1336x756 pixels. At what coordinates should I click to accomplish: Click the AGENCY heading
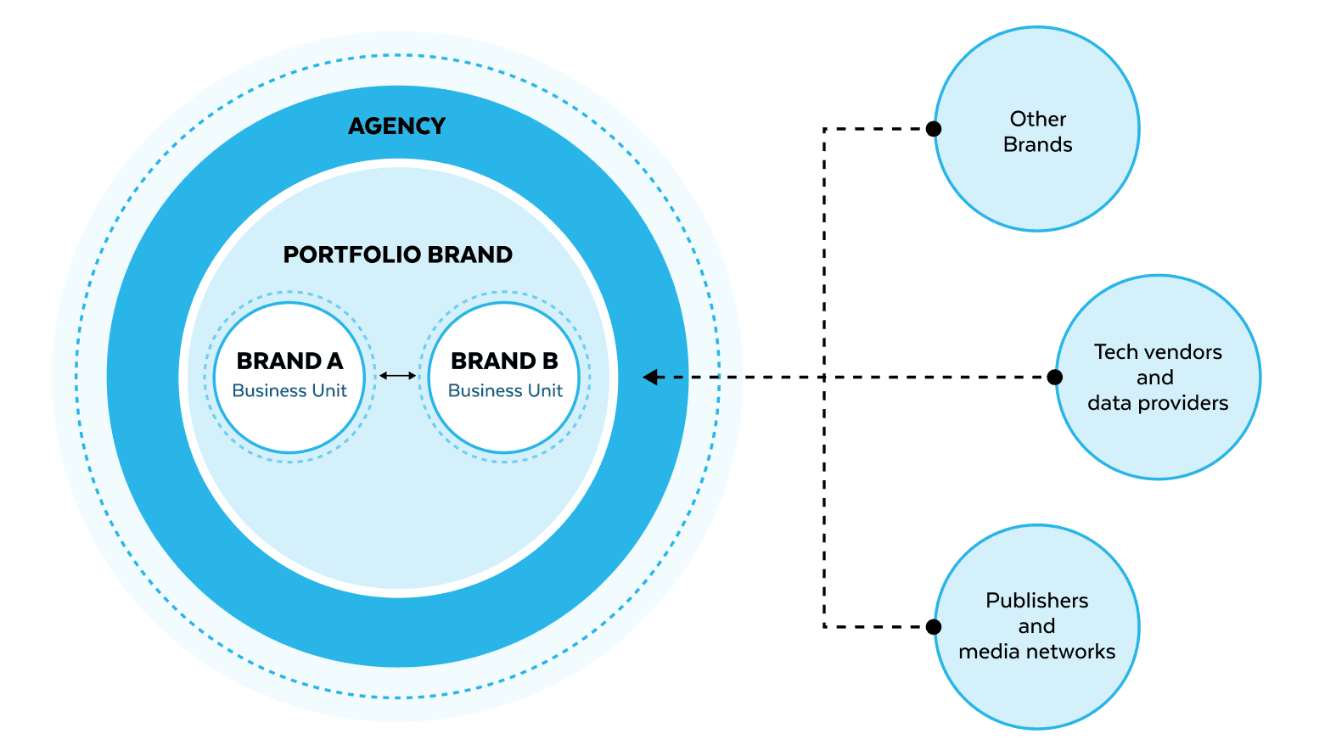tap(396, 126)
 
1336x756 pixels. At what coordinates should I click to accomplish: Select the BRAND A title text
tap(289, 361)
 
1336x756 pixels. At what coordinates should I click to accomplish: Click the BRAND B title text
tap(504, 361)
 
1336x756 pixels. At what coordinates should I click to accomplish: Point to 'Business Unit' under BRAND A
tap(289, 391)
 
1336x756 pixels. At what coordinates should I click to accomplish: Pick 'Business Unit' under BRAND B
tap(505, 391)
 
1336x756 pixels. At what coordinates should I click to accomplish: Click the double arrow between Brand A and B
tap(397, 375)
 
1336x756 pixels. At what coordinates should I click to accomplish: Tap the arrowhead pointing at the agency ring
tap(650, 377)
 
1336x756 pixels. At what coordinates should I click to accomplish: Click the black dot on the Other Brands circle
tap(933, 129)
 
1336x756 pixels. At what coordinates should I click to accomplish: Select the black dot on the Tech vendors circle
tap(1054, 377)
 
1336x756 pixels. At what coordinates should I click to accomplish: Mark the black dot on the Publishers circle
tap(933, 627)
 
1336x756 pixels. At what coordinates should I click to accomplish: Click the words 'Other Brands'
tap(1037, 132)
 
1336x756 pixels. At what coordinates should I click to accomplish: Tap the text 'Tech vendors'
tap(1158, 352)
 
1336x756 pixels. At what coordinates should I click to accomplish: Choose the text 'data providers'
tap(1158, 403)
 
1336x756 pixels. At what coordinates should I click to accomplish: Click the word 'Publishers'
tap(1036, 601)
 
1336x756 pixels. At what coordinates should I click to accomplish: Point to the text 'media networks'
tap(1036, 652)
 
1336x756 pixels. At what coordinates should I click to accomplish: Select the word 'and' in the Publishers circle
tap(1036, 626)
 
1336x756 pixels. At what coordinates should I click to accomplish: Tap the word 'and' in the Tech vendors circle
tap(1154, 378)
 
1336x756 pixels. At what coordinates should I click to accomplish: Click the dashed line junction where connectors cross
tap(824, 377)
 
